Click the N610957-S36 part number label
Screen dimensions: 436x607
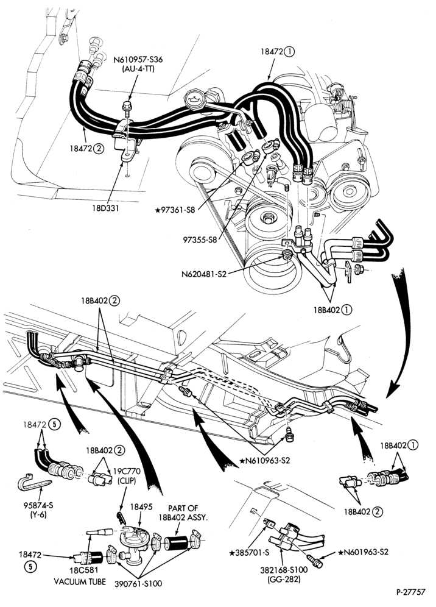[138, 60]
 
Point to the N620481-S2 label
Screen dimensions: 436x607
[203, 274]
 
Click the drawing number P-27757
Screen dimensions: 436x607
[410, 592]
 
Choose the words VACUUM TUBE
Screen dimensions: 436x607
[80, 582]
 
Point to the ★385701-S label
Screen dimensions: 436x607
[249, 552]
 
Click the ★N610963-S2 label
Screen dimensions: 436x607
[265, 461]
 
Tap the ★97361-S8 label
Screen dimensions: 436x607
[175, 210]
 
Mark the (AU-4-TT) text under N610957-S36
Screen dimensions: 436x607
[138, 68]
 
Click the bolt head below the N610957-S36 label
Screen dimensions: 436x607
[127, 105]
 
